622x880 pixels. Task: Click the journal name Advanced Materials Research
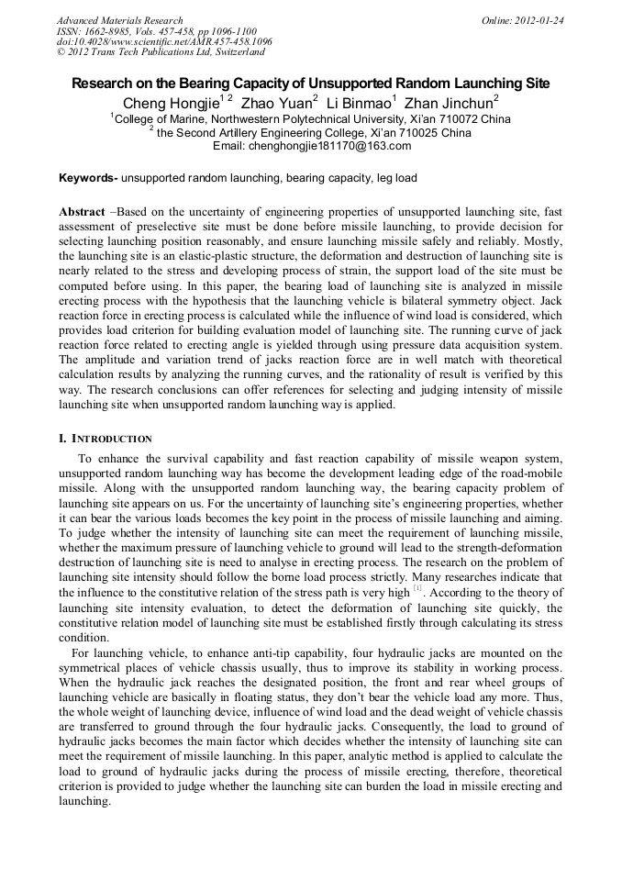pyautogui.click(x=119, y=20)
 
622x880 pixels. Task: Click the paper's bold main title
pyautogui.click(x=311, y=83)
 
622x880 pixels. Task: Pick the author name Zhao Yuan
pyautogui.click(x=275, y=102)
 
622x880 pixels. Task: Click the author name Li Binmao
pyautogui.click(x=359, y=102)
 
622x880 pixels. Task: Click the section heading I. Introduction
pyautogui.click(x=106, y=439)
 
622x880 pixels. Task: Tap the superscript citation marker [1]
pyautogui.click(x=417, y=587)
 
